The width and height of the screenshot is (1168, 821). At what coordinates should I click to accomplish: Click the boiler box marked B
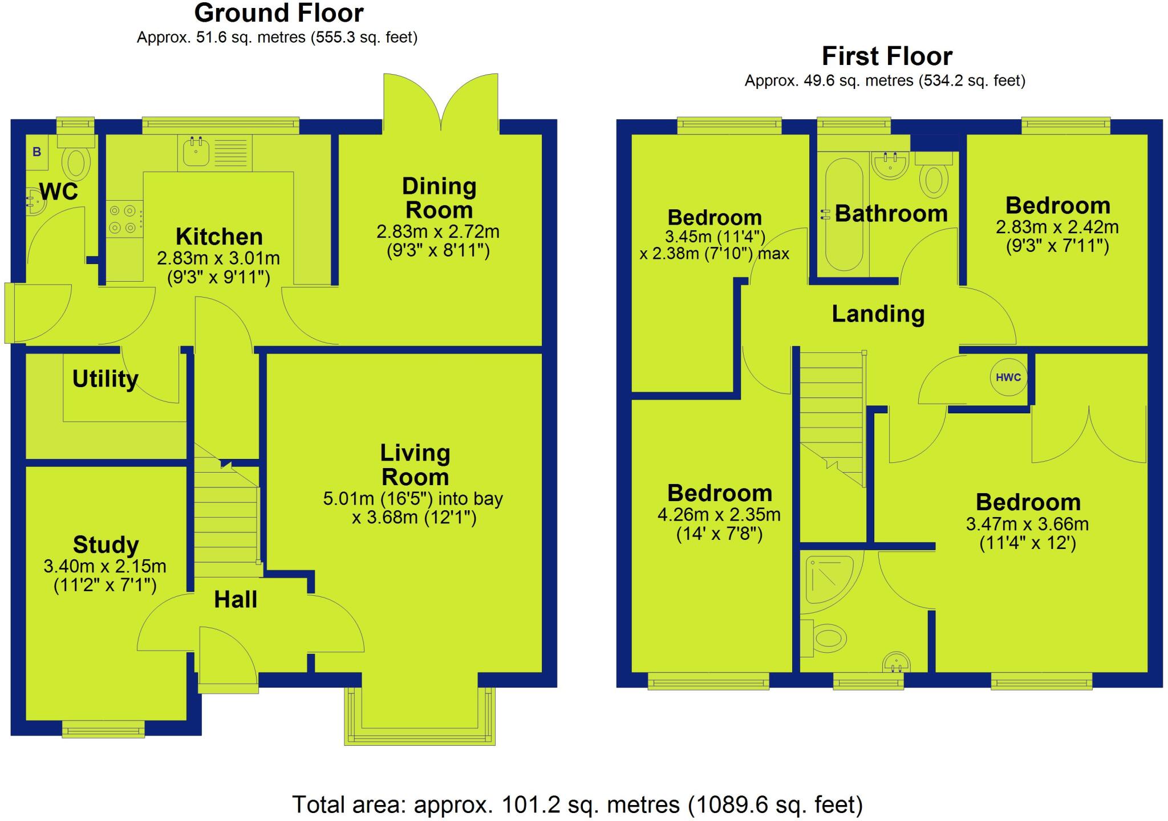point(37,152)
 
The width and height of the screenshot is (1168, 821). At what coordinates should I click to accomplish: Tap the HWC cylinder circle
point(1008,377)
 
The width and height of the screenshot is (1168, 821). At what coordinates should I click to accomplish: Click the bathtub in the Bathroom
point(844,214)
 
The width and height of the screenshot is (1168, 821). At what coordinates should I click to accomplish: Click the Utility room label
point(105,379)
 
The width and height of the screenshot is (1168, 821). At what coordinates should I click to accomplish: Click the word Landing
point(878,314)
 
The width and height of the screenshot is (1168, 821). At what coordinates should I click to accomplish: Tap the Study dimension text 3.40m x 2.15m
point(105,566)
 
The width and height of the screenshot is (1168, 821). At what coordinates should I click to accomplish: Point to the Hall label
point(236,600)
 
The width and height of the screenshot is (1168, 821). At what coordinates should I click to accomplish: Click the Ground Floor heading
point(278,13)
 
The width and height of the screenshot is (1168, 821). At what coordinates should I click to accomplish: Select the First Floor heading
point(887,56)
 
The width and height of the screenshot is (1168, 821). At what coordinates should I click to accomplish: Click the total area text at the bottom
point(577,804)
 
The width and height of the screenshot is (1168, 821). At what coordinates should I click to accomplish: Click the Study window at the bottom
point(103,729)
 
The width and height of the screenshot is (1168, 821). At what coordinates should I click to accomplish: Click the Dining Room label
point(439,198)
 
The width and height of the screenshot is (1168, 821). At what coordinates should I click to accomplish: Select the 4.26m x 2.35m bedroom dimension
point(719,515)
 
